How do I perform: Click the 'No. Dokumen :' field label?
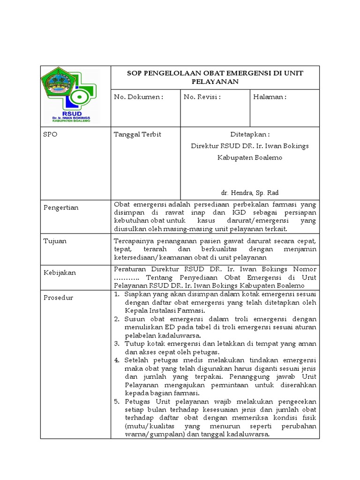(139, 97)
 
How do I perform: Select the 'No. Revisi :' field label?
(202, 97)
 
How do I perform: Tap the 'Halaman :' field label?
(270, 97)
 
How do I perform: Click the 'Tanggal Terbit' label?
(137, 135)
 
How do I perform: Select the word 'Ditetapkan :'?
(250, 135)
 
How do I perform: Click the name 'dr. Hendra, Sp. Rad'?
(250, 193)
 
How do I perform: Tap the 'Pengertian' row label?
(61, 208)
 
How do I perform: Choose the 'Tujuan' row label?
(55, 241)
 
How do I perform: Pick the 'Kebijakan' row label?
(60, 272)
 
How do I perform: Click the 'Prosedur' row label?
(58, 298)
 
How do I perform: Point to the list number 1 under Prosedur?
(117, 294)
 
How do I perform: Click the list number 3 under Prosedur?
(117, 344)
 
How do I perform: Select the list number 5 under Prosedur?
(117, 402)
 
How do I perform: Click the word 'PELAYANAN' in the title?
(215, 82)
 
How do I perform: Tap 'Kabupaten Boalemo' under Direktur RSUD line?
(250, 157)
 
